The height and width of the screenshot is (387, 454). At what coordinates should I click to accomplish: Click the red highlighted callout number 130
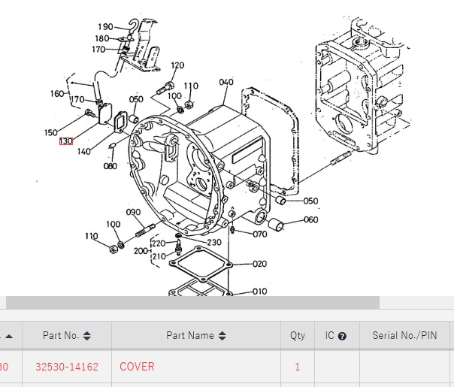pos(66,141)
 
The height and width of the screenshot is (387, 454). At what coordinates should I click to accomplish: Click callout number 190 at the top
pos(104,27)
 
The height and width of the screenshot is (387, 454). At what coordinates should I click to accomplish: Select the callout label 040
pos(225,82)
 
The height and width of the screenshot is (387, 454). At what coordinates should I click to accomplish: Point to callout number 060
pos(310,220)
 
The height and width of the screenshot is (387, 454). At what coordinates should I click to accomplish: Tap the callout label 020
pos(259,264)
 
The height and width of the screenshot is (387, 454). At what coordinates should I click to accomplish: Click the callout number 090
pos(133,212)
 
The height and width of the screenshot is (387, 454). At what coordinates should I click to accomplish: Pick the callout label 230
pos(213,242)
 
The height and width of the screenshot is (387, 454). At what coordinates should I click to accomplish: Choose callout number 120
pos(177,65)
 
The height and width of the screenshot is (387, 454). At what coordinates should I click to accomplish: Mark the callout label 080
pos(110,166)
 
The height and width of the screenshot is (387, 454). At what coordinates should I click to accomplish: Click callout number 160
pos(58,94)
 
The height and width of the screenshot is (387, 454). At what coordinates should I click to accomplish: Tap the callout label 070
pos(259,234)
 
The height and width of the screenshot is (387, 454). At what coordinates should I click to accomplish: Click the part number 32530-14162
pos(67,367)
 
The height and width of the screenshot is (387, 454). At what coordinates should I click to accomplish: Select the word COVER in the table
pos(137,367)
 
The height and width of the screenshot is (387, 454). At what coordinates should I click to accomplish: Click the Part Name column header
pos(190,336)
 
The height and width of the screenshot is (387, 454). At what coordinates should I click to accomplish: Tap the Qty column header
pos(298,336)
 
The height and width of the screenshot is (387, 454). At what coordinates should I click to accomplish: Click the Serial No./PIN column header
pos(404,336)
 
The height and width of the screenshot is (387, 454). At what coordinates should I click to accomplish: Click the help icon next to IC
pos(342,336)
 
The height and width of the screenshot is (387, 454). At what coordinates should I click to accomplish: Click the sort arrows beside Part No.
pos(87,336)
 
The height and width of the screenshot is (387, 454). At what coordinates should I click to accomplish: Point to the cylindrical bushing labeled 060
pos(275,224)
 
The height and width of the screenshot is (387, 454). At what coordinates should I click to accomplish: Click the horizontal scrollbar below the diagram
pos(192,303)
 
